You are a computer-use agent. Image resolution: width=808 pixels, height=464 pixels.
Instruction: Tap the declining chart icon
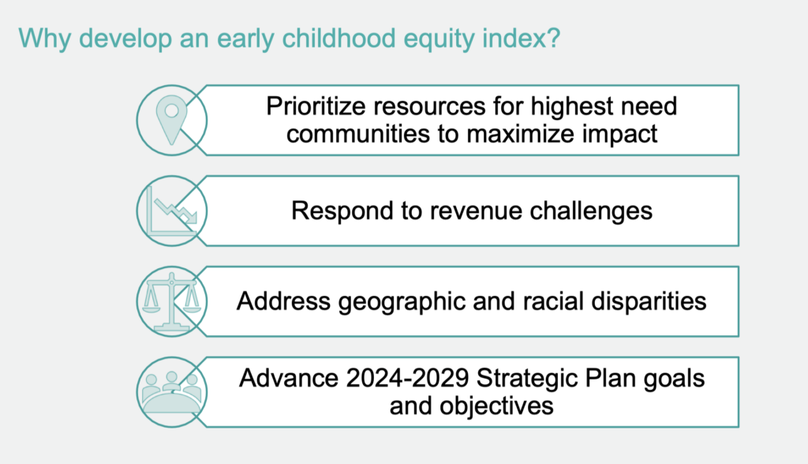click(171, 211)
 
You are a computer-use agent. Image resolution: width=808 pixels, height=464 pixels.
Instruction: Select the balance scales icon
click(171, 301)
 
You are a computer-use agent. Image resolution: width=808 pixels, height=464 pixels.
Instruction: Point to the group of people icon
click(171, 392)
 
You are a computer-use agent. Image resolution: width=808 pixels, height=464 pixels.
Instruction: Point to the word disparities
click(649, 301)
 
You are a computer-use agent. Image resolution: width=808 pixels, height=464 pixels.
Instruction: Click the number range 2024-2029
click(408, 379)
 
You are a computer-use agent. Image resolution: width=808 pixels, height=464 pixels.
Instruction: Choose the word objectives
click(497, 406)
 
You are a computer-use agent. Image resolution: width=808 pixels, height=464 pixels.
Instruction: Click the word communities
click(358, 134)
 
